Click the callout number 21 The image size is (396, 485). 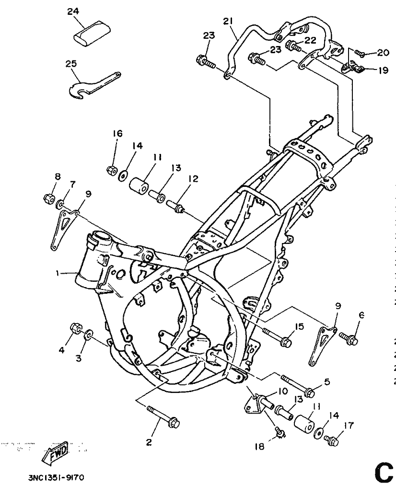pyautogui.click(x=228, y=21)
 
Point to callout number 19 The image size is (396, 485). pyautogui.click(x=382, y=70)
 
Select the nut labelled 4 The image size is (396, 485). pyautogui.click(x=75, y=329)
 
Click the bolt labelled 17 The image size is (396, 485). pyautogui.click(x=331, y=439)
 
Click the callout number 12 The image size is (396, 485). pyautogui.click(x=193, y=179)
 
